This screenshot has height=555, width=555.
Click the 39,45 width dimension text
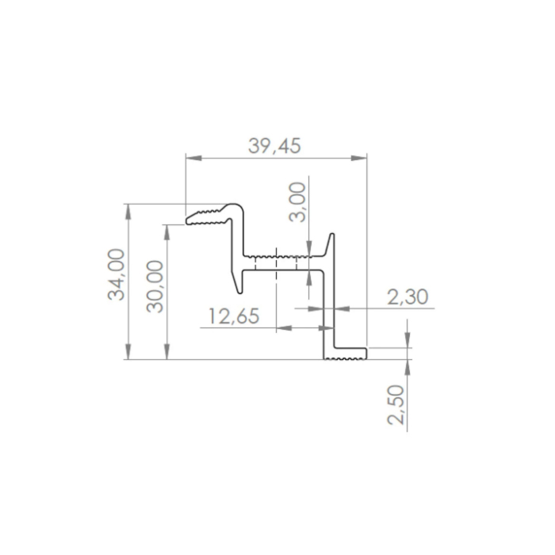coord(274,146)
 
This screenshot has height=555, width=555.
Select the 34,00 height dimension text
coord(117,274)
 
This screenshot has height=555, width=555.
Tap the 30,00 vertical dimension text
coord(155,286)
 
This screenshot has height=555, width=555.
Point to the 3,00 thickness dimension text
coord(297,202)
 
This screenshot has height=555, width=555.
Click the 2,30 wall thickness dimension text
coord(408,297)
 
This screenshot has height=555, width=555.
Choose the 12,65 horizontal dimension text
coord(234,316)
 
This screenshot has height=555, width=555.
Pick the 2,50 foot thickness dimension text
coord(396,404)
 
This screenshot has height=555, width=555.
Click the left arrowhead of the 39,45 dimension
coord(194,158)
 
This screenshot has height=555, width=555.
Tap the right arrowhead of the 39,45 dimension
coord(359,158)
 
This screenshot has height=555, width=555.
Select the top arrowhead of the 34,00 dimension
coord(128,212)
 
